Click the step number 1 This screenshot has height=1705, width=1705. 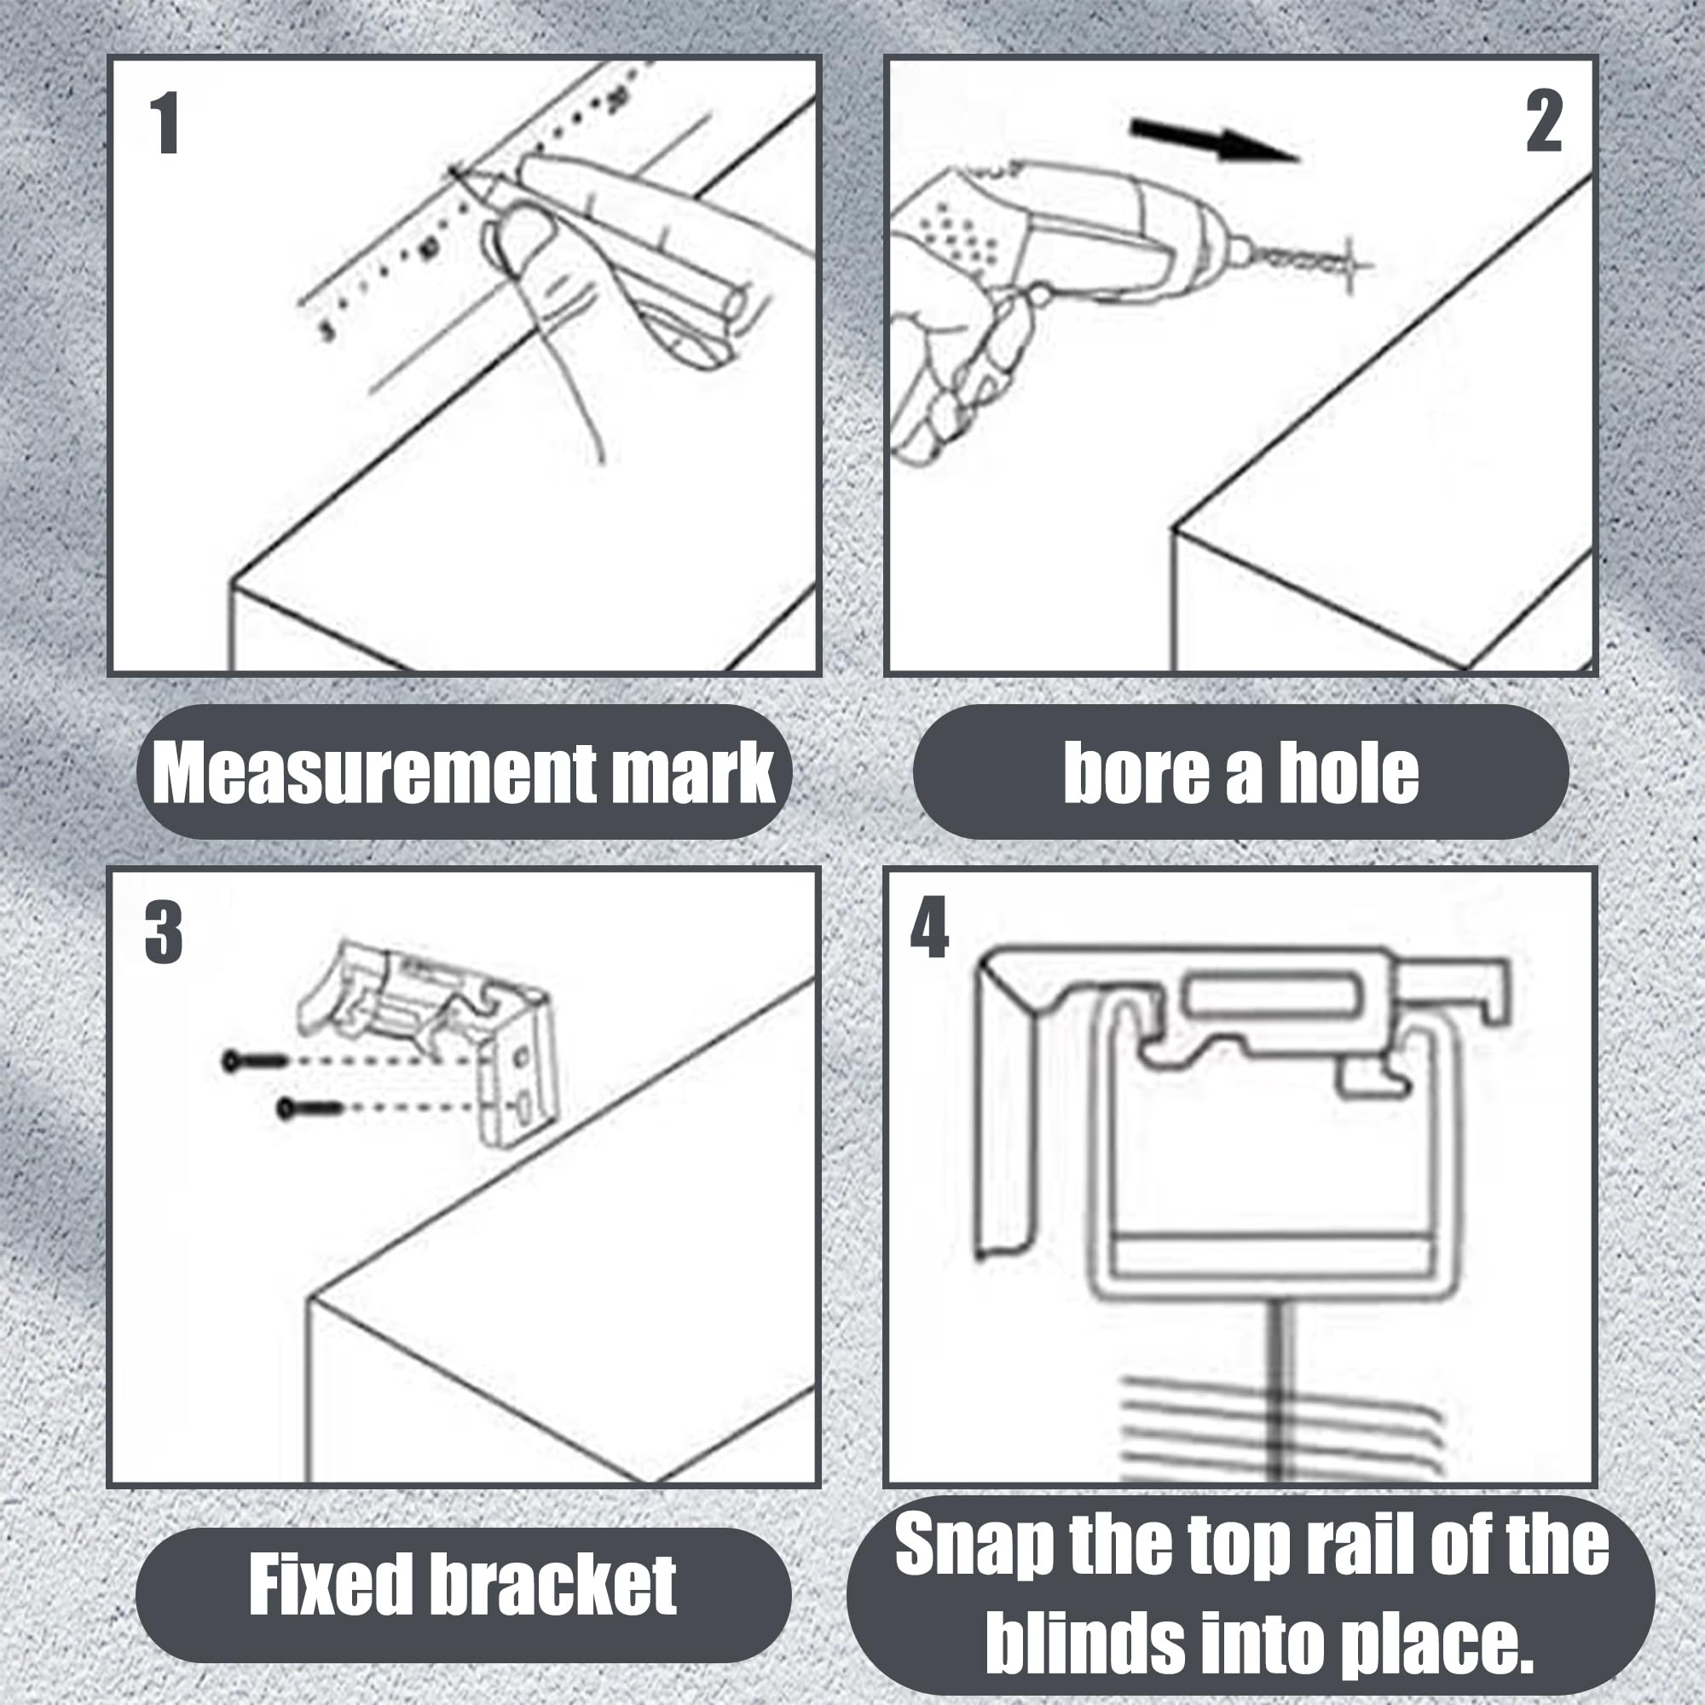click(165, 124)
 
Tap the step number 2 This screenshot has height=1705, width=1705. click(1544, 123)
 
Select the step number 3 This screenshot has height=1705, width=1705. click(164, 933)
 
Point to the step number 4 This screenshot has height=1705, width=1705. click(929, 928)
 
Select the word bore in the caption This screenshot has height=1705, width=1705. click(1134, 772)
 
